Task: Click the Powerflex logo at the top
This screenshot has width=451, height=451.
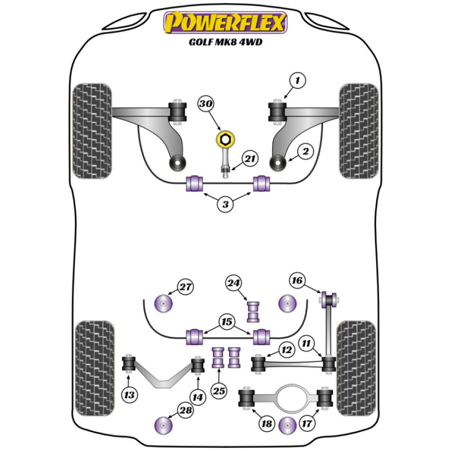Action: (x=225, y=23)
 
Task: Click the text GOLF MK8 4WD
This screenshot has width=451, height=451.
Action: (x=225, y=44)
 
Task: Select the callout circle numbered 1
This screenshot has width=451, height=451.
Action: (x=298, y=81)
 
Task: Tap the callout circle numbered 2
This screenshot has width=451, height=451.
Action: (x=305, y=152)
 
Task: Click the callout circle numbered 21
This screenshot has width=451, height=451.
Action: (x=250, y=159)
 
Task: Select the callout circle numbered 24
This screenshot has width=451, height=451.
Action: (x=234, y=283)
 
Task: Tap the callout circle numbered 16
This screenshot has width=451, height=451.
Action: (x=297, y=281)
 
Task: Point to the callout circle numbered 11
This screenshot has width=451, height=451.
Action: (x=308, y=344)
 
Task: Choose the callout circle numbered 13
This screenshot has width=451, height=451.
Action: (x=129, y=396)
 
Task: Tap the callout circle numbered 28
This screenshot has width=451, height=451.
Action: (x=185, y=411)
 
